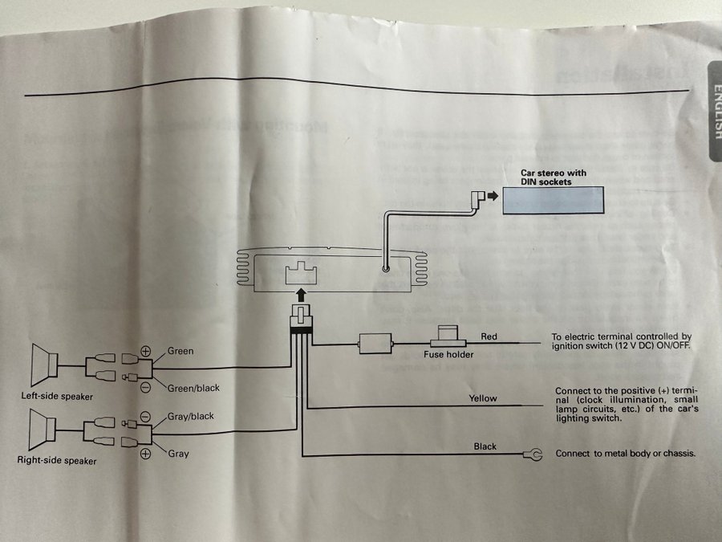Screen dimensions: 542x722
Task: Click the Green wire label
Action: (180, 352)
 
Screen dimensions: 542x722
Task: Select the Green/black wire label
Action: (193, 389)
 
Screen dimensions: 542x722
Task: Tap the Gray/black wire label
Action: (190, 417)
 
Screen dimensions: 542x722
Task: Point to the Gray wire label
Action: (178, 454)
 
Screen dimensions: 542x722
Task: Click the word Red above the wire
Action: (489, 336)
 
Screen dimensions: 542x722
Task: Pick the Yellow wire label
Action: (484, 398)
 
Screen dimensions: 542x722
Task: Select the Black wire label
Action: (485, 446)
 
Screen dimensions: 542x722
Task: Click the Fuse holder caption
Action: (448, 354)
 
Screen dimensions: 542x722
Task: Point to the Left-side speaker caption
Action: (57, 397)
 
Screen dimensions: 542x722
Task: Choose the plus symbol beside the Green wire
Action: (146, 352)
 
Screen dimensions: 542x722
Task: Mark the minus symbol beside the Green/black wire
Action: (146, 386)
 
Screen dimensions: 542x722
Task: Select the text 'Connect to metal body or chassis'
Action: (625, 454)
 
